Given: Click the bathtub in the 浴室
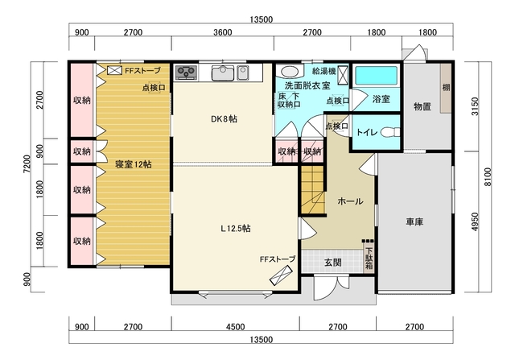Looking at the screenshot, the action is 377,76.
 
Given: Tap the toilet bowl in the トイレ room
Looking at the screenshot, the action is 390,132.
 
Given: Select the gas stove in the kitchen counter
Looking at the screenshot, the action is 186,72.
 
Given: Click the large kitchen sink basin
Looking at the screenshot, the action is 223,72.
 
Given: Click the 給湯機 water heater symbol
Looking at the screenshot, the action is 343,75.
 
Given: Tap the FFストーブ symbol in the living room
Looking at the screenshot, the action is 281,275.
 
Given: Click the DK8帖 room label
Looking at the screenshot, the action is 224,119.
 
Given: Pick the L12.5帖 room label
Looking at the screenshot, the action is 236,229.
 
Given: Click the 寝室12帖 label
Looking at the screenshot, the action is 134,164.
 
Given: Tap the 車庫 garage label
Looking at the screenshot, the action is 415,222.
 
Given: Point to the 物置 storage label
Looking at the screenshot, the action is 422,106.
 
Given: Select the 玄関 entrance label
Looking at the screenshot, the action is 332,263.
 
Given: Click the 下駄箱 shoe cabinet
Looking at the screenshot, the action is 369,259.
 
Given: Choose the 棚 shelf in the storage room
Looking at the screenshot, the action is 446,88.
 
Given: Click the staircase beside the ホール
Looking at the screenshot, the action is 313,191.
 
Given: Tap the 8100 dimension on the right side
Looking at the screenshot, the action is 488,177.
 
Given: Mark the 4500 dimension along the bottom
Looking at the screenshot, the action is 236,327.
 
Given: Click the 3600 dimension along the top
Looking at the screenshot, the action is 223,32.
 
